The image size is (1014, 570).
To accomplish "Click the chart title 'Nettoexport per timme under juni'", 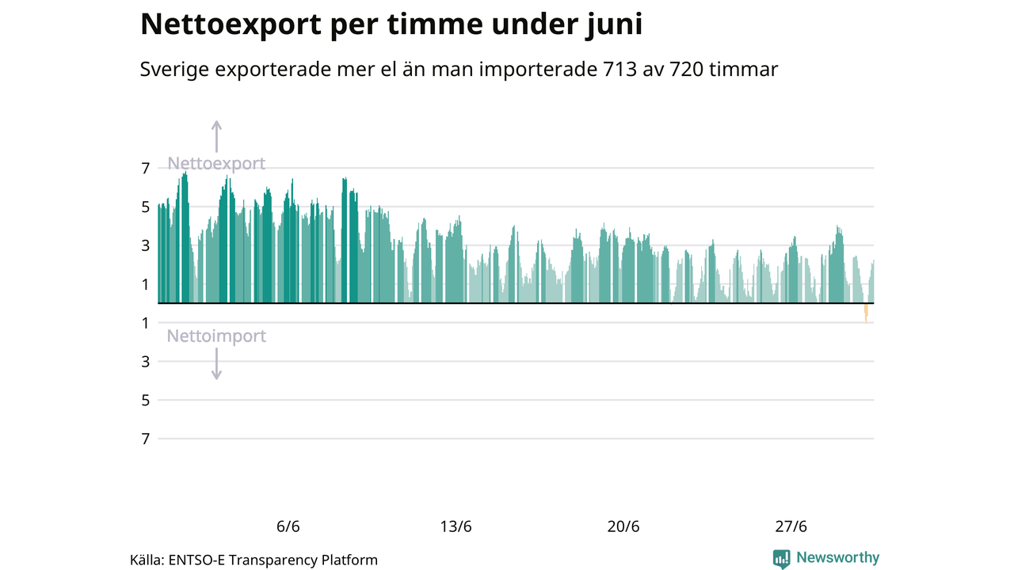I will coord(391,25).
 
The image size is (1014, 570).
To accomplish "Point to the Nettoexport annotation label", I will coord(216,164).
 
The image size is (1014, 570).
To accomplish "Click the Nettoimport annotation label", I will coord(216,336).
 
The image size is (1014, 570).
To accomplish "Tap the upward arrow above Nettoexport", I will coord(216,135).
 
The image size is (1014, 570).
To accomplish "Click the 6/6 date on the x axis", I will coord(288,527).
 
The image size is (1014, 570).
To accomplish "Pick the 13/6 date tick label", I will coord(456,527).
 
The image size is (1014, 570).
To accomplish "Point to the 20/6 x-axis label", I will coord(623,527).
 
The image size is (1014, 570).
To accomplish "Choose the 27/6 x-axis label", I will coord(791,527).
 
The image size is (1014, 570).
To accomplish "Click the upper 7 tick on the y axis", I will coord(146,168).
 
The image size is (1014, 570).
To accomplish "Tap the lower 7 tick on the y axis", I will coord(146,439).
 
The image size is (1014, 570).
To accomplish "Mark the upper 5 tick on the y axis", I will coord(146,207).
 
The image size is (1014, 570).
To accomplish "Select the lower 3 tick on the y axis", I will coord(146,362).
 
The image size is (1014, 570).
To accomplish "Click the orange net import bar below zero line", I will coord(866,313).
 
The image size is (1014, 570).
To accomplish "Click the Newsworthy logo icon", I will coord(782,559).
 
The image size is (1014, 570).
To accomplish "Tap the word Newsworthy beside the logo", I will coord(837,558).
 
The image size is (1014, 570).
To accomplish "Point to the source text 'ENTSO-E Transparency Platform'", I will coord(273,560).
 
